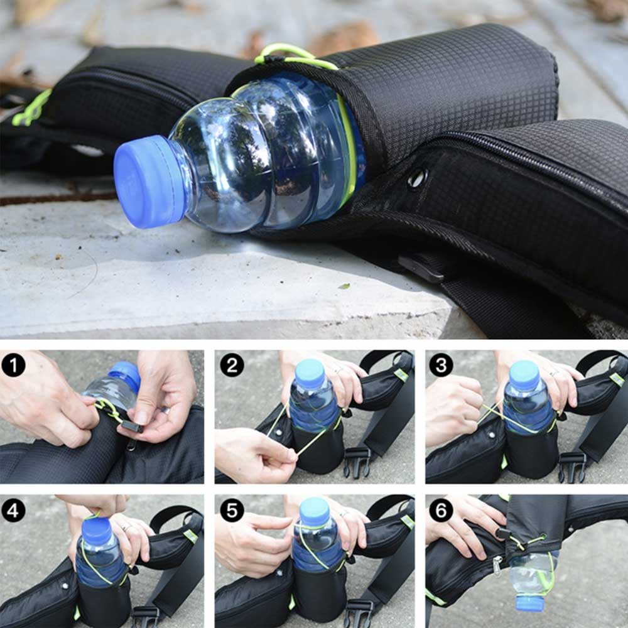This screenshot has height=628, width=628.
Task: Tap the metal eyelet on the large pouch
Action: point(418,178)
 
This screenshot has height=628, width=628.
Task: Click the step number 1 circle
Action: point(13,365)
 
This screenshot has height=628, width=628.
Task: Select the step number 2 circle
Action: point(232,365)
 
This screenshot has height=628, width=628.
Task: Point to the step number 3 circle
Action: point(441,365)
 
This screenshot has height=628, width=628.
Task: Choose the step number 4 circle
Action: point(13,511)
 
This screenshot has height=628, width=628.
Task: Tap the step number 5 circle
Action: point(232,511)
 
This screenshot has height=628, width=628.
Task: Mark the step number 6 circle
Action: point(441,511)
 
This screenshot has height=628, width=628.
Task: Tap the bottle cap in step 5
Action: point(315,511)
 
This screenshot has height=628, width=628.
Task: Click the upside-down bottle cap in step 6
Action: point(529,603)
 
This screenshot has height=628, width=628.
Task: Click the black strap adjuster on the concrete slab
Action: point(421,267)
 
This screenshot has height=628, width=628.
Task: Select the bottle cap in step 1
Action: point(125,376)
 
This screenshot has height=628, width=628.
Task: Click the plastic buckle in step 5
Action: point(359,612)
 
